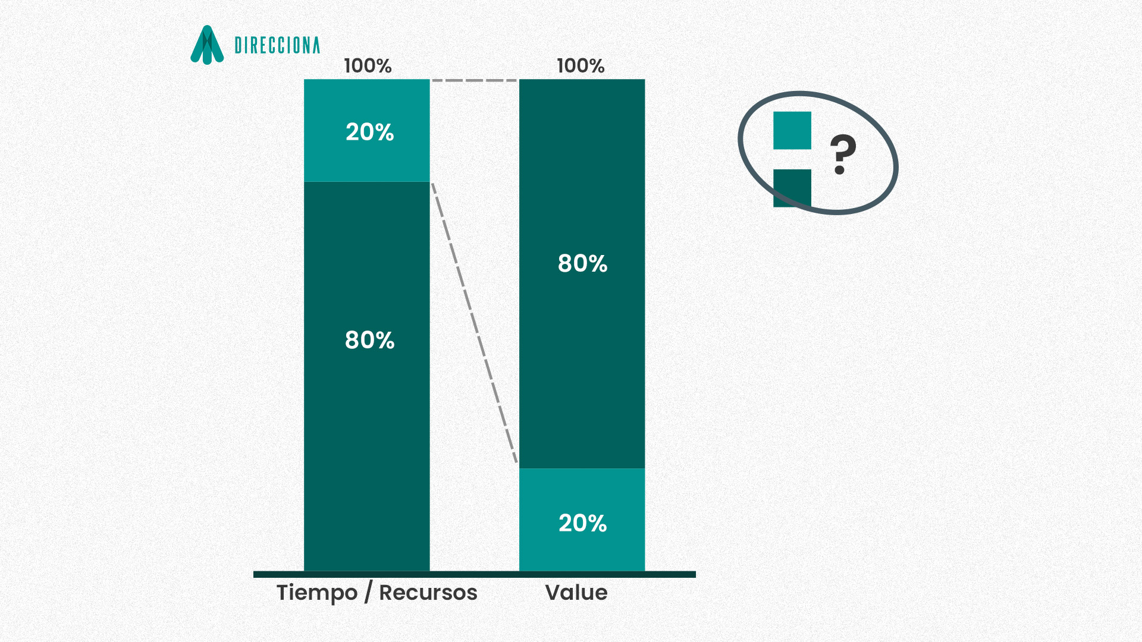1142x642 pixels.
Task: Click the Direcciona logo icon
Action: (207, 45)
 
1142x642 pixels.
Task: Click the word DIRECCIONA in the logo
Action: (277, 45)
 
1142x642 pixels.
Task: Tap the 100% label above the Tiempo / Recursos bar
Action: (368, 65)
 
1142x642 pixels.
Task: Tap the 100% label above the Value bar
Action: (581, 65)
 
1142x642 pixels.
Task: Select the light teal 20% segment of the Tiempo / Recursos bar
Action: (367, 130)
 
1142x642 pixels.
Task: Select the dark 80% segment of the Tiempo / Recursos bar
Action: (367, 376)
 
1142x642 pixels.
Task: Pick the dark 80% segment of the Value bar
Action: (582, 273)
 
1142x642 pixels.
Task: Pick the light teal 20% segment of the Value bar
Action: (582, 520)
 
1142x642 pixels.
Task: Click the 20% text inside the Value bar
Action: (583, 523)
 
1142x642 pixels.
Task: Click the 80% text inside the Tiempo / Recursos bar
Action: (370, 340)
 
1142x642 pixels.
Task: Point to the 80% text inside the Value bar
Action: (583, 263)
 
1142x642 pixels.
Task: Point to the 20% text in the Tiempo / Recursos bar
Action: (370, 132)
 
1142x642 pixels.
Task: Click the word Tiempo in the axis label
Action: (317, 593)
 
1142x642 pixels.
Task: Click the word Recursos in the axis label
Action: (428, 593)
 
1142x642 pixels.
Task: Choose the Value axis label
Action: (576, 593)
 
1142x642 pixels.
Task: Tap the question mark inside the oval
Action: (843, 155)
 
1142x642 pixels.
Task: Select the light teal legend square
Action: (792, 130)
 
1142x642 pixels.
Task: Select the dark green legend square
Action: (792, 188)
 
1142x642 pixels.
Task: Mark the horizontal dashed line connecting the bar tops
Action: (475, 80)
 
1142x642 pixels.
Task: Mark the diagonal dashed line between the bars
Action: (475, 323)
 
